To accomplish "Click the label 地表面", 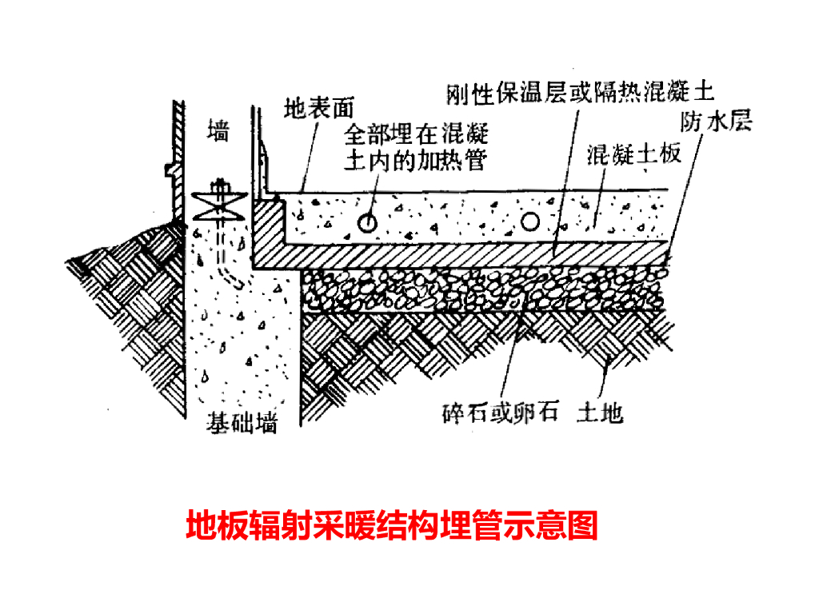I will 318,108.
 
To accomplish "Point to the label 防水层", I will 715,122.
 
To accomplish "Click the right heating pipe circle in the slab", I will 530,221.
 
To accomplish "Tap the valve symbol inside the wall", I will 218,201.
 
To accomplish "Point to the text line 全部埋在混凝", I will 416,134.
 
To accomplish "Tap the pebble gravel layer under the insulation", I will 480,290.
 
